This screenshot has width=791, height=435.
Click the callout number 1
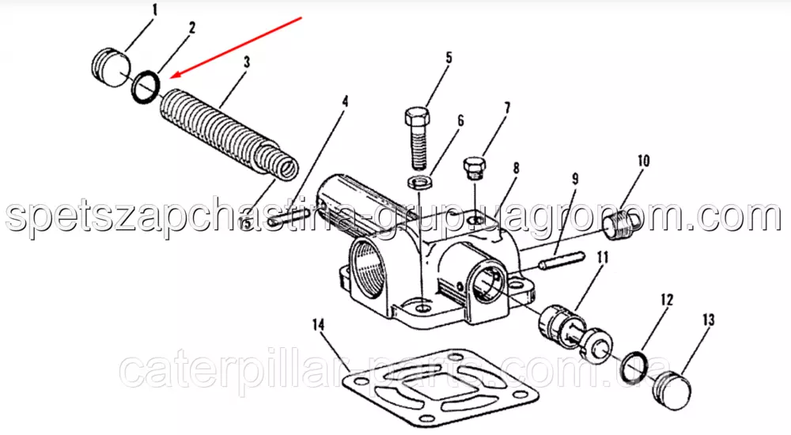[x=155, y=9]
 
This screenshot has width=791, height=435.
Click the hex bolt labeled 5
[x=417, y=138]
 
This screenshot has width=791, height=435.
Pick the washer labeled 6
[x=418, y=182]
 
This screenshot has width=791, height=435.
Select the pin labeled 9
[x=562, y=262]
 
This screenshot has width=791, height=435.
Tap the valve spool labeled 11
[x=575, y=333]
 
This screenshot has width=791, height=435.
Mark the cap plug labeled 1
[x=112, y=67]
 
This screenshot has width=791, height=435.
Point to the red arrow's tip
[x=170, y=78]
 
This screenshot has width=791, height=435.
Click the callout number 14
[x=318, y=324]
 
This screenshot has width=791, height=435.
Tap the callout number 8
[x=516, y=168]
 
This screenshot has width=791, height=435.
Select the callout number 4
[x=345, y=101]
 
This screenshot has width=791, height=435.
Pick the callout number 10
[x=644, y=161]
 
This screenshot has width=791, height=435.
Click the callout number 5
[x=449, y=58]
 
